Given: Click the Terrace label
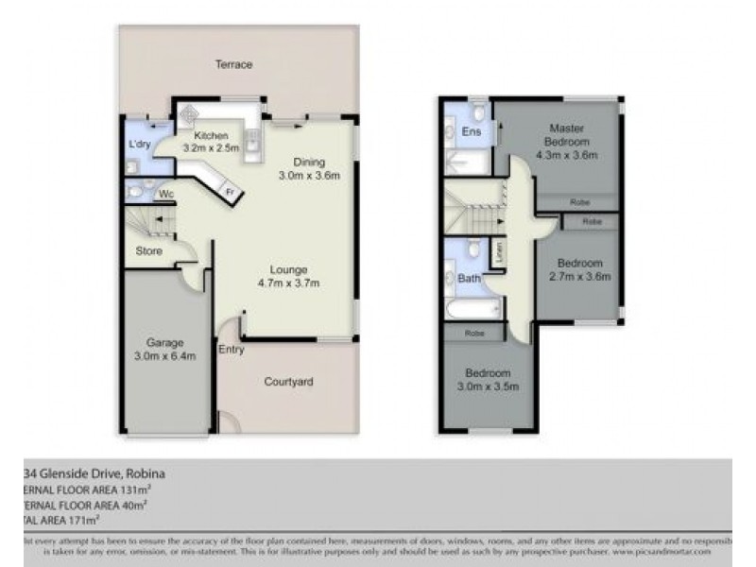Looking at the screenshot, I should (x=233, y=64).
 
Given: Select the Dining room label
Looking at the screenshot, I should (x=308, y=161).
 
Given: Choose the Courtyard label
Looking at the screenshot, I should (x=288, y=382).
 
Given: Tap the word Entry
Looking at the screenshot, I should (x=231, y=350).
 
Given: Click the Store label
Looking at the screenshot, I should (x=148, y=251).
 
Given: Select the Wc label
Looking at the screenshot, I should (x=165, y=196).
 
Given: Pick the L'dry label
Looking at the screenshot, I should (x=142, y=146).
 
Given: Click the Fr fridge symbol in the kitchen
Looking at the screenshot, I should (x=228, y=193).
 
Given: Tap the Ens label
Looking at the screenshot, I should (x=470, y=132).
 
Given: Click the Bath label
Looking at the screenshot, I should (x=469, y=279).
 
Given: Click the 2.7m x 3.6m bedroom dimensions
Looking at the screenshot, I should (x=580, y=277).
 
